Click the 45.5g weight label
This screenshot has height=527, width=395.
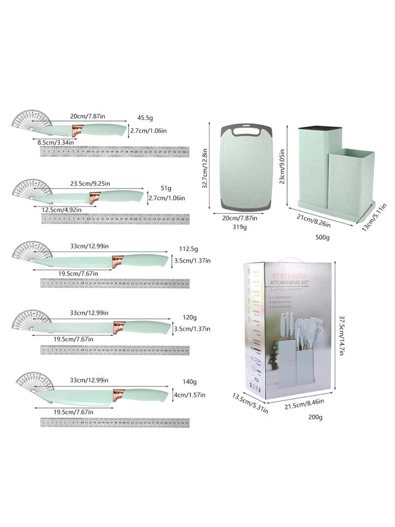click(x=145, y=118)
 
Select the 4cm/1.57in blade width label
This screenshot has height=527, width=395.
click(x=190, y=395)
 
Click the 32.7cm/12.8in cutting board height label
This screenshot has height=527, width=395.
click(x=205, y=166)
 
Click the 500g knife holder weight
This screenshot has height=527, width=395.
click(x=323, y=237)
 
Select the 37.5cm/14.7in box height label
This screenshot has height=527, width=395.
click(x=341, y=335)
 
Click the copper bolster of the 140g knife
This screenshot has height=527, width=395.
click(x=117, y=393)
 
